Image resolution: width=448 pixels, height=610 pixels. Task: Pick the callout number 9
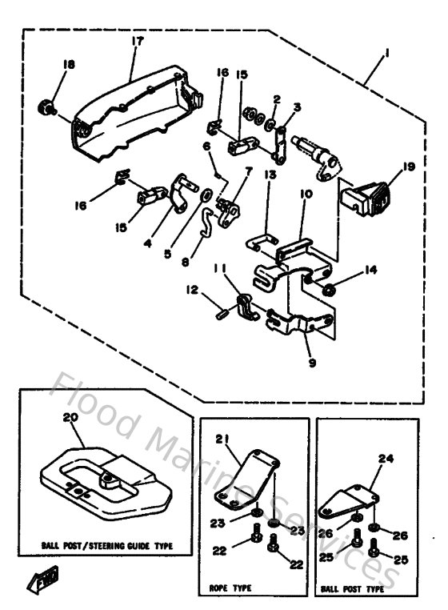[313, 363]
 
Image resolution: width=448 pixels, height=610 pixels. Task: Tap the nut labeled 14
[327, 287]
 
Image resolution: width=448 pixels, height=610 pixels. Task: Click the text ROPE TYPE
[232, 588]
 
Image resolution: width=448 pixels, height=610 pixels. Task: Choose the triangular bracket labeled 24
[348, 500]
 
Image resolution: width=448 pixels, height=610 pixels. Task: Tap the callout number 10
[305, 194]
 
